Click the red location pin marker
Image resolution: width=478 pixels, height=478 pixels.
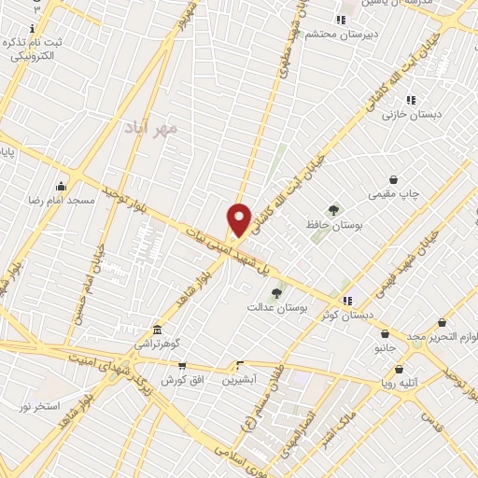[x=240, y=219]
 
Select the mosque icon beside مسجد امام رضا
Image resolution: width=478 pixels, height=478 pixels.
[x=62, y=185]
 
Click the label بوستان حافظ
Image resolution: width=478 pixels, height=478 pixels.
[x=333, y=225]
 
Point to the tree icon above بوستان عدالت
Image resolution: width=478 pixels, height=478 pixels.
[x=276, y=293]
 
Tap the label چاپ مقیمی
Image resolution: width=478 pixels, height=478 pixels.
[x=394, y=194]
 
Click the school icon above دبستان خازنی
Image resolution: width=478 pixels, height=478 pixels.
[x=411, y=100]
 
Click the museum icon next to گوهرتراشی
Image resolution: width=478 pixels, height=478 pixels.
[x=157, y=330]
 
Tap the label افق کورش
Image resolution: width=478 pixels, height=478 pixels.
[x=181, y=380]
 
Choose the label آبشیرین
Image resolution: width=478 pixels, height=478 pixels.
[x=240, y=380]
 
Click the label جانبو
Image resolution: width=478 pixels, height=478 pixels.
[x=386, y=347]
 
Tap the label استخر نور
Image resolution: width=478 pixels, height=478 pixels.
[x=39, y=407]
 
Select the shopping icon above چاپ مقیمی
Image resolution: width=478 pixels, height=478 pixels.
[x=394, y=180]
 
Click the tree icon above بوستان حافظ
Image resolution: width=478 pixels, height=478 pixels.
[x=333, y=210]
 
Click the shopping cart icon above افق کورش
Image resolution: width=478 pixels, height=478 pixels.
[x=181, y=366]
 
